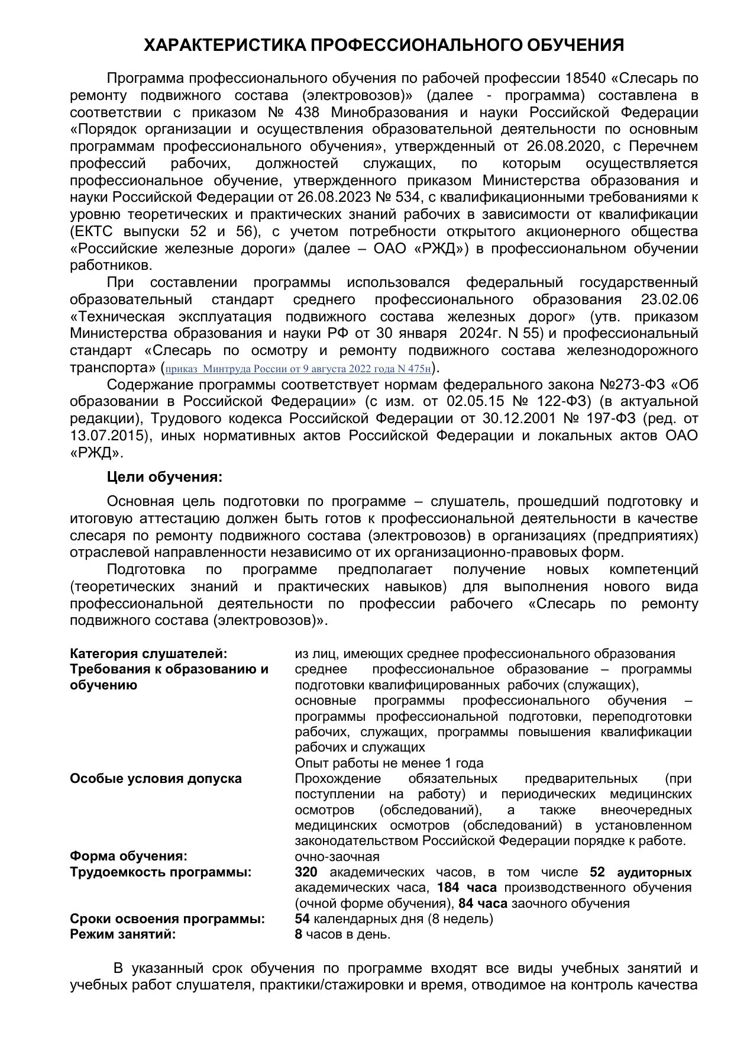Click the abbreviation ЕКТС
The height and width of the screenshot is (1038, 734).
pyautogui.click(x=92, y=231)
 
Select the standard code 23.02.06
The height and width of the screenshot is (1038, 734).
pyautogui.click(x=669, y=299)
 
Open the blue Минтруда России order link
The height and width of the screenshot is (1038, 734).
pyautogui.click(x=298, y=369)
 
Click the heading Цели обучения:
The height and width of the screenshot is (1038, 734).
pyautogui.click(x=165, y=477)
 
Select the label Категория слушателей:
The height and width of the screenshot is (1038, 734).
pyautogui.click(x=148, y=654)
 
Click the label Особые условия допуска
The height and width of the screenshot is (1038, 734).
pyautogui.click(x=156, y=778)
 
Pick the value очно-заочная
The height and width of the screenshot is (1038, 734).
pyautogui.click(x=337, y=856)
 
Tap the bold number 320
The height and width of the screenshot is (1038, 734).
pyautogui.click(x=306, y=872)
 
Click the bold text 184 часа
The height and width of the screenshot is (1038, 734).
pyautogui.click(x=467, y=888)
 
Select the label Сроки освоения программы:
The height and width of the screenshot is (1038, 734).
pyautogui.click(x=167, y=919)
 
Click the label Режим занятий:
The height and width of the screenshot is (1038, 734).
pyautogui.click(x=123, y=934)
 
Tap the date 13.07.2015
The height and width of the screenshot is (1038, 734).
pyautogui.click(x=108, y=436)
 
